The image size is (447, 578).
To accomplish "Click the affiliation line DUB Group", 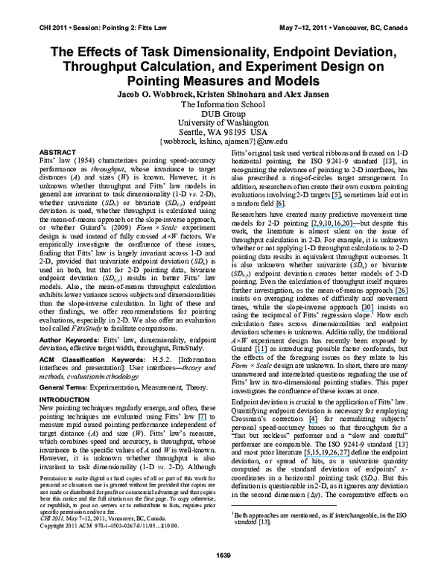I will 223,117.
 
